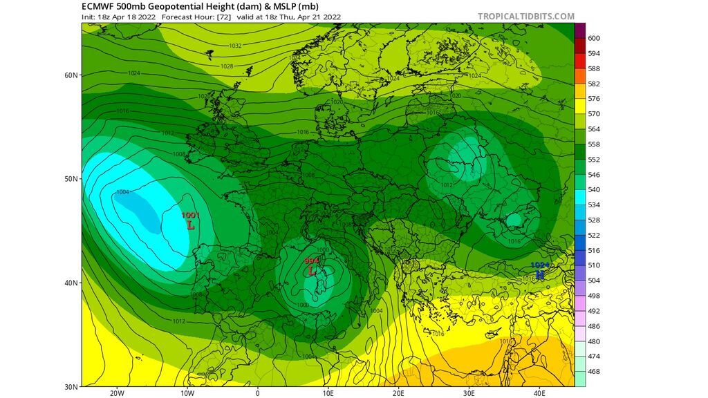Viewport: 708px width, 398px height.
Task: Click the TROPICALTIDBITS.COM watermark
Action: pyautogui.click(x=526, y=16)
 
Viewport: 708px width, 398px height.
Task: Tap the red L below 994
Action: pyautogui.click(x=313, y=271)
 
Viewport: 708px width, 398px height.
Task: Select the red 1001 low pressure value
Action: pyautogui.click(x=190, y=216)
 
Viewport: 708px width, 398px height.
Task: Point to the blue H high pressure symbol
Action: pyautogui.click(x=540, y=274)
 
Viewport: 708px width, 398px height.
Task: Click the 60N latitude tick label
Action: pyautogui.click(x=71, y=75)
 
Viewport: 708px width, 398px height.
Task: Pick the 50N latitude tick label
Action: pyautogui.click(x=71, y=178)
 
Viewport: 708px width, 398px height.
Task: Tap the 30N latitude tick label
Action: pyautogui.click(x=71, y=386)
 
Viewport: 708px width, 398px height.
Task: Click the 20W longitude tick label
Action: pyautogui.click(x=117, y=393)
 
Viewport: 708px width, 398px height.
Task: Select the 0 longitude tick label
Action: pyautogui.click(x=258, y=393)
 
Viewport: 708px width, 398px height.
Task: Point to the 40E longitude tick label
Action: pyautogui.click(x=539, y=393)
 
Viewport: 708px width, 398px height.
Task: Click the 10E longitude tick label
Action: pyautogui.click(x=328, y=393)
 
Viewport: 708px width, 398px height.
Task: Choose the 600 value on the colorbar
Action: pyautogui.click(x=594, y=38)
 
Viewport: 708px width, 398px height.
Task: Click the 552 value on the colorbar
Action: pyautogui.click(x=594, y=160)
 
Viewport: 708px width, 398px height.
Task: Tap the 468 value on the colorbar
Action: pyautogui.click(x=594, y=372)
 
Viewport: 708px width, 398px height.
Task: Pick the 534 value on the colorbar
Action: pyautogui.click(x=594, y=205)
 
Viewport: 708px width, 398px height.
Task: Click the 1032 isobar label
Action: pyautogui.click(x=236, y=46)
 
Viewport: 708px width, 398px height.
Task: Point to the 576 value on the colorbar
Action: pyautogui.click(x=594, y=99)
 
